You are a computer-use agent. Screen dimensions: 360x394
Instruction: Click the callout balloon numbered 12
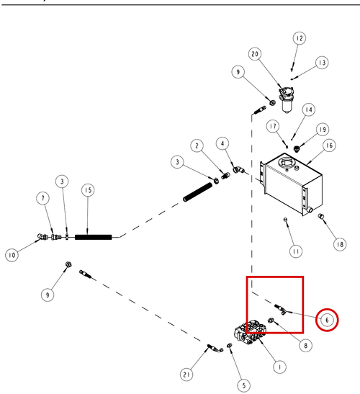point(300,38)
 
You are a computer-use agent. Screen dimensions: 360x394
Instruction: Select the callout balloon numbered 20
point(255,54)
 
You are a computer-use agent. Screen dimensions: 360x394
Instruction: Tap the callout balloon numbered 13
point(322,63)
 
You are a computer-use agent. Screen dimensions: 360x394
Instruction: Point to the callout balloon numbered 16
point(329,145)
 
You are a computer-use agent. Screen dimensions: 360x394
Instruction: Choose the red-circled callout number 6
point(327,320)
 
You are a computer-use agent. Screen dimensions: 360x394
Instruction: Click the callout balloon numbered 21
point(186,375)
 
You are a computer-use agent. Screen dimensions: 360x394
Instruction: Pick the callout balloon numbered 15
point(88,190)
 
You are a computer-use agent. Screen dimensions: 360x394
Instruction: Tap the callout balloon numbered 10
point(12,255)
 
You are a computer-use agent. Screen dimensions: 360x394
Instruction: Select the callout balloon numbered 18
point(340,244)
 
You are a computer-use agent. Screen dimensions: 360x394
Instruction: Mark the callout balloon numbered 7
point(43,198)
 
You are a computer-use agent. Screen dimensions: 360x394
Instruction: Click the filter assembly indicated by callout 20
point(287,99)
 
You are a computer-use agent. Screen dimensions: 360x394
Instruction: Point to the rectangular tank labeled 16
point(292,184)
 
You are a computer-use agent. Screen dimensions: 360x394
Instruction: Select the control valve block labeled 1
point(251,333)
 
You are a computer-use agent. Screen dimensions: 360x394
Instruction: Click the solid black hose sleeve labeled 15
point(93,237)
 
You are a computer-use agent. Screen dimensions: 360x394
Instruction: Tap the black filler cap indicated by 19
point(297,149)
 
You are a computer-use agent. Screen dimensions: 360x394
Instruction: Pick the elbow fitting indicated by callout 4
point(238,170)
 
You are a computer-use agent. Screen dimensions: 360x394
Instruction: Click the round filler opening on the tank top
point(285,163)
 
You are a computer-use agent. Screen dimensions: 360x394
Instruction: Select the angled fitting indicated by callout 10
point(42,237)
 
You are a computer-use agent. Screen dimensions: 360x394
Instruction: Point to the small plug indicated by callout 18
point(320,216)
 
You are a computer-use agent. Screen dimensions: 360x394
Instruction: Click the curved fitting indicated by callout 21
point(215,349)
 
